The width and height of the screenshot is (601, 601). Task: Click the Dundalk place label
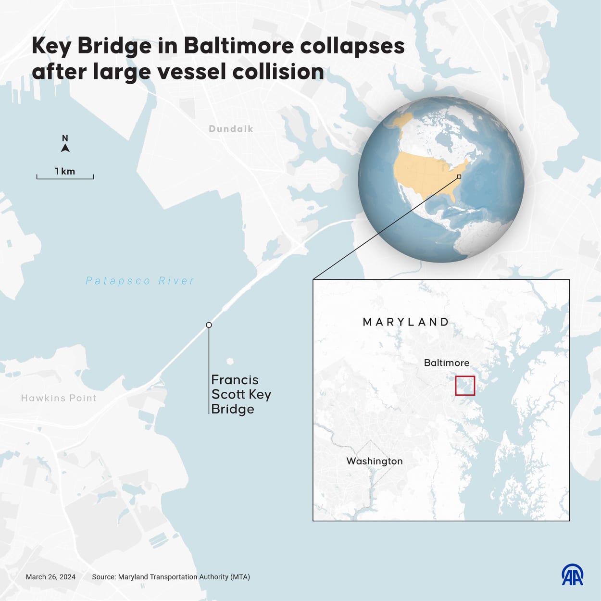[x=231, y=129]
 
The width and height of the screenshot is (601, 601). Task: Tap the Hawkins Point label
[x=59, y=398]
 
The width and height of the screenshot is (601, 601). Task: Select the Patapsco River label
[x=140, y=281]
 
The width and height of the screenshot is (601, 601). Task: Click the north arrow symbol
[x=65, y=148]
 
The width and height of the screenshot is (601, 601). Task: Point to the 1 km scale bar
[x=65, y=176]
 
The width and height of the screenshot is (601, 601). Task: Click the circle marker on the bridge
[x=209, y=325]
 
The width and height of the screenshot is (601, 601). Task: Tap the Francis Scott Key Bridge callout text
[x=240, y=394]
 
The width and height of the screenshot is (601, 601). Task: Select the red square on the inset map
[x=465, y=386]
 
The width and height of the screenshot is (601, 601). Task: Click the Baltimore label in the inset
[x=446, y=363]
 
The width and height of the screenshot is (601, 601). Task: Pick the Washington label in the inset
[x=375, y=461]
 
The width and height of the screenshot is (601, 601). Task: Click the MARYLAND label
[x=406, y=322]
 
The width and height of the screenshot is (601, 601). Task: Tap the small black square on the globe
[x=459, y=176]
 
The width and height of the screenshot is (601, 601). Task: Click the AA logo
[x=573, y=575]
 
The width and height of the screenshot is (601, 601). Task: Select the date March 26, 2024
[x=50, y=577]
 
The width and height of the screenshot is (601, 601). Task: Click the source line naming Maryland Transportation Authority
[x=171, y=577]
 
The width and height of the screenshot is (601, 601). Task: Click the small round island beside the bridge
[x=230, y=361]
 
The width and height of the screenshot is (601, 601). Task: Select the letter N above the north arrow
[x=65, y=138]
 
